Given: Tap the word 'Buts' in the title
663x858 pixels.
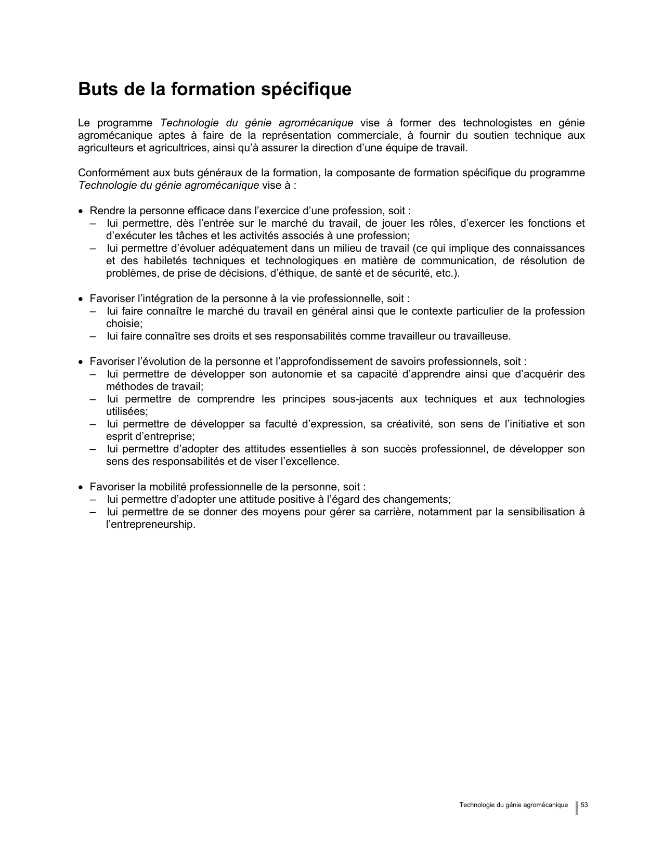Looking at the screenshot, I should (x=96, y=89).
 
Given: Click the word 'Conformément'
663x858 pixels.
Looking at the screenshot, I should (x=110, y=173).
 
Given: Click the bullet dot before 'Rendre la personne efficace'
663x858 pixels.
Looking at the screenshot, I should (x=81, y=212).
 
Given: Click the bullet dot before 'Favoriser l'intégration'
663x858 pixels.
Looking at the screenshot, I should (x=81, y=300).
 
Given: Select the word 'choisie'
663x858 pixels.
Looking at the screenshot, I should (x=124, y=324).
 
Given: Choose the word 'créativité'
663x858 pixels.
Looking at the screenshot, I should (x=404, y=424).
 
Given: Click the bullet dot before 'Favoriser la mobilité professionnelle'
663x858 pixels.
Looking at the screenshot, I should (x=81, y=488).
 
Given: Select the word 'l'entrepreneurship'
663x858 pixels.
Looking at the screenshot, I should (x=150, y=525).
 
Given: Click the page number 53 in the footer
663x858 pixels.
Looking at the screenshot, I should (x=584, y=805).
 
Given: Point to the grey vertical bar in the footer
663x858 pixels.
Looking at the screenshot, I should (x=577, y=808).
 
